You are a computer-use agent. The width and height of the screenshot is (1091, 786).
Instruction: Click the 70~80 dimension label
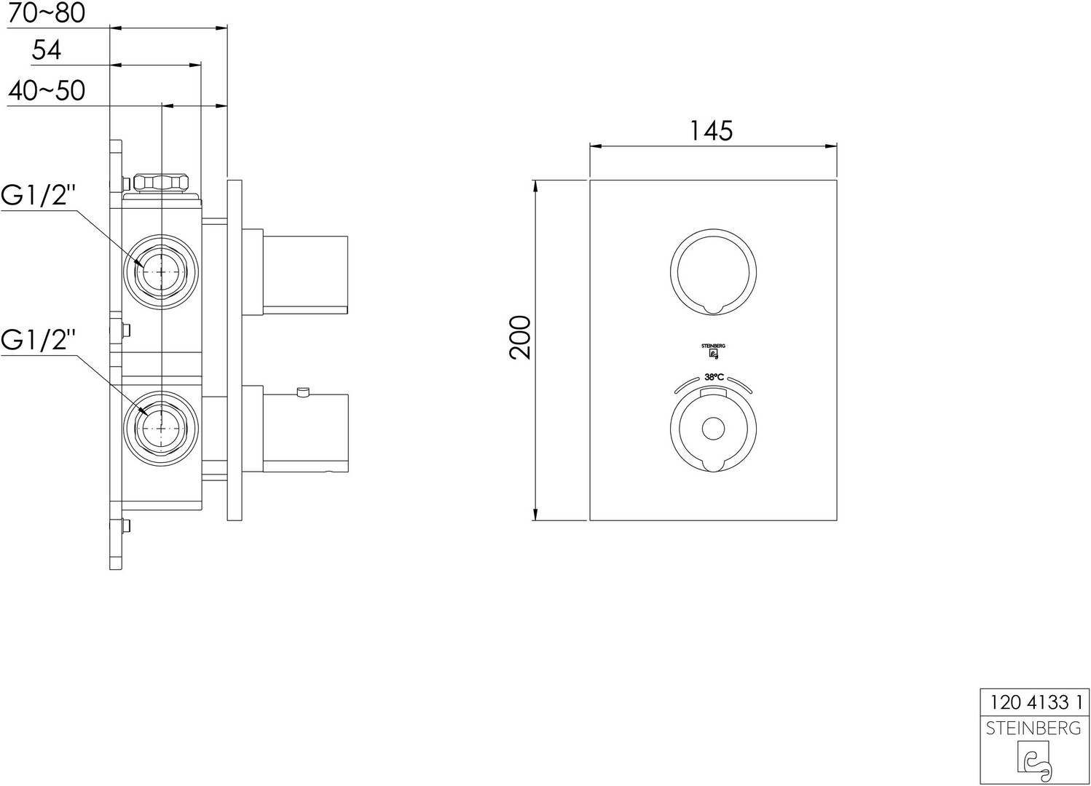[47, 13]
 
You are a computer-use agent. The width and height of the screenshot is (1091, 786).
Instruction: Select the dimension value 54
[47, 50]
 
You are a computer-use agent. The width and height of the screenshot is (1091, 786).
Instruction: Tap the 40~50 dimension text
[47, 90]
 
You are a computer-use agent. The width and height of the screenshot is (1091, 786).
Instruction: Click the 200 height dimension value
[520, 337]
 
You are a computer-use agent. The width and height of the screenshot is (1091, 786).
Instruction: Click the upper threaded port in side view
[161, 272]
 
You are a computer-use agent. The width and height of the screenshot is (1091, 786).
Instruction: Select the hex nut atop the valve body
[161, 183]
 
